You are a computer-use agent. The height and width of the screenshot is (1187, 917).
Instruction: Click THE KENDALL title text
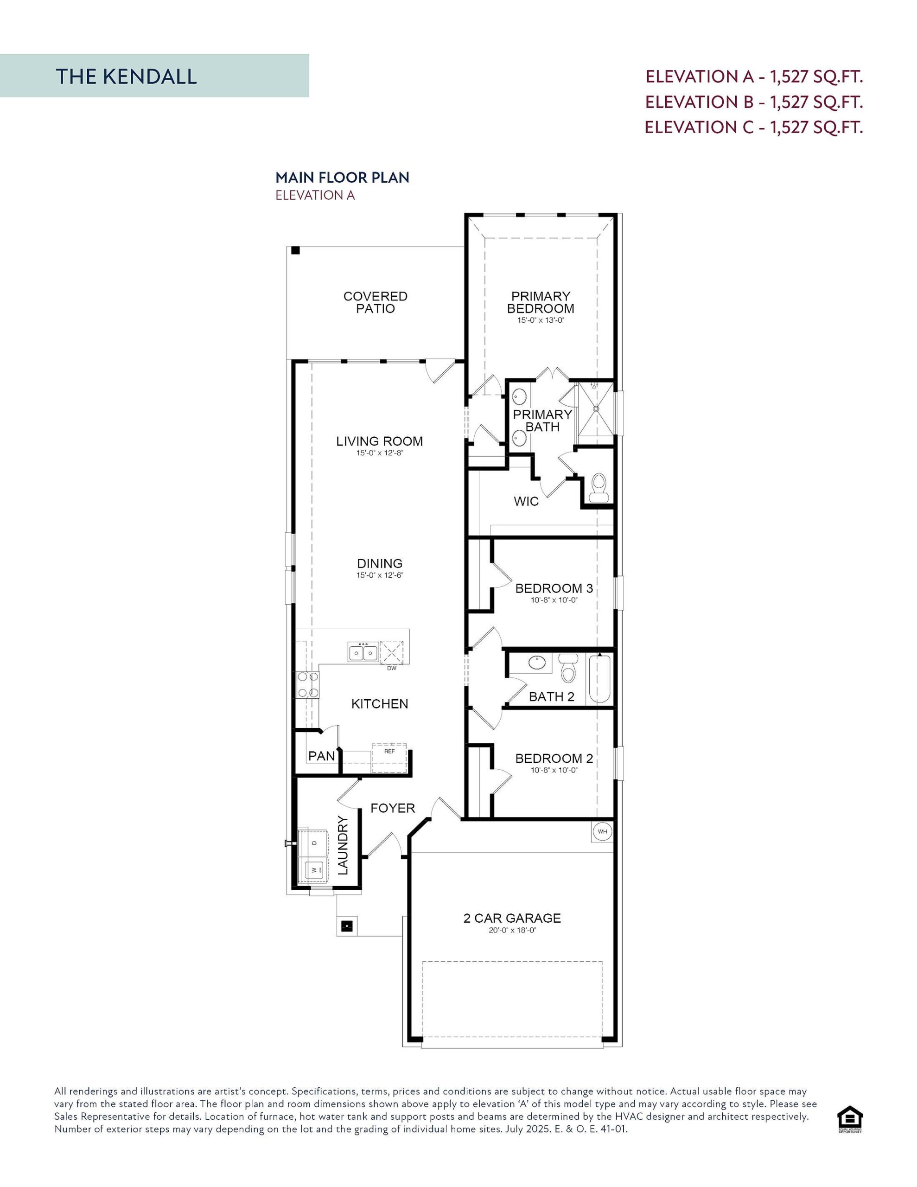tap(126, 77)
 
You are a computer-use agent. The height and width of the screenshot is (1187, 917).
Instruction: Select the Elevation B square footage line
tap(753, 102)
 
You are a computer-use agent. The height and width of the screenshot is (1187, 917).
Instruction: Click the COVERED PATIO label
tap(375, 302)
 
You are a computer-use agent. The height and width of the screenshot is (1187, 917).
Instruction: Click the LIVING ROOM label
tap(379, 441)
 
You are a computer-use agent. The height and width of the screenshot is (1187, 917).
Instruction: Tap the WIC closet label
tap(526, 501)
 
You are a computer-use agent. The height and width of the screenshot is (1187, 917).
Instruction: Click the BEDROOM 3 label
tap(554, 588)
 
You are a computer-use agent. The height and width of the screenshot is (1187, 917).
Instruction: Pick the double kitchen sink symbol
tap(363, 651)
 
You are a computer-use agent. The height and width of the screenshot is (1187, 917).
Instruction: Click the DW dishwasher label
tap(391, 669)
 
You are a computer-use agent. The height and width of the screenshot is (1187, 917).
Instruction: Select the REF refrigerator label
tap(389, 752)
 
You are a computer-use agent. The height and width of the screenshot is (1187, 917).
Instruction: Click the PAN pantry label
tap(321, 756)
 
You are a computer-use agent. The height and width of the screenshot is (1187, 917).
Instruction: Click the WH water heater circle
tap(602, 831)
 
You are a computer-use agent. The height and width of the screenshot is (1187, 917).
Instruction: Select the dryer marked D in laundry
tap(314, 842)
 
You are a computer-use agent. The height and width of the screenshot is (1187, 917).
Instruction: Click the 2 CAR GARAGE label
tap(511, 918)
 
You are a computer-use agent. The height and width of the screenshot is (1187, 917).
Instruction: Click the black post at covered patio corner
tap(295, 250)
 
